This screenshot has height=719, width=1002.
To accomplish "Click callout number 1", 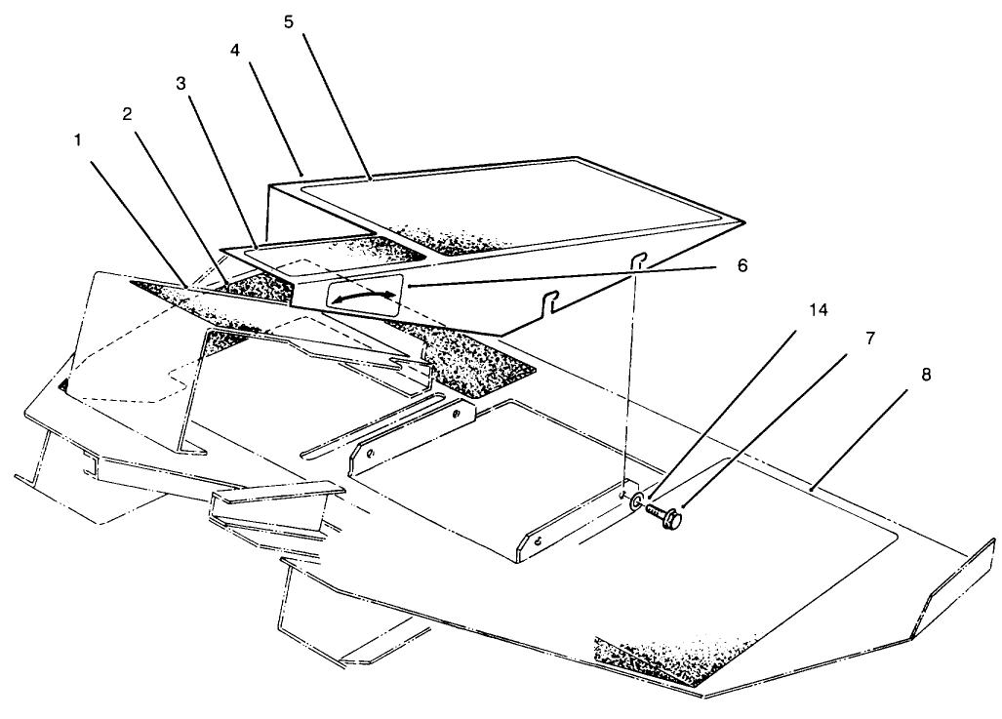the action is (x=78, y=140).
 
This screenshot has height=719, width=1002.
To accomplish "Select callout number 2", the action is (x=127, y=114).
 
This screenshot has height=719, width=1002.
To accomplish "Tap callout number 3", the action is (x=180, y=83).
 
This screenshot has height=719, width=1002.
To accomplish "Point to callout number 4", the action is (x=235, y=50).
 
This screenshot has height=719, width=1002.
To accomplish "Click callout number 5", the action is (x=288, y=21).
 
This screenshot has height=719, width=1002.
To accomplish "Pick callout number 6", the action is (x=741, y=265).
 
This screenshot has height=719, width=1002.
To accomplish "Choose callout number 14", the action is (x=819, y=310).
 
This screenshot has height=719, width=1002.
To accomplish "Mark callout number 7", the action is (x=870, y=339).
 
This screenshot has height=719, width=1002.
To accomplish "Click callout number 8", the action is (x=926, y=375).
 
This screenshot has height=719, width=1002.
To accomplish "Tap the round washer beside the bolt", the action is (x=637, y=502).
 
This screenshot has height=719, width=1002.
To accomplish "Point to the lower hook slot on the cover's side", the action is (x=550, y=300).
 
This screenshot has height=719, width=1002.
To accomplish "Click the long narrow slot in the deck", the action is (x=372, y=425).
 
